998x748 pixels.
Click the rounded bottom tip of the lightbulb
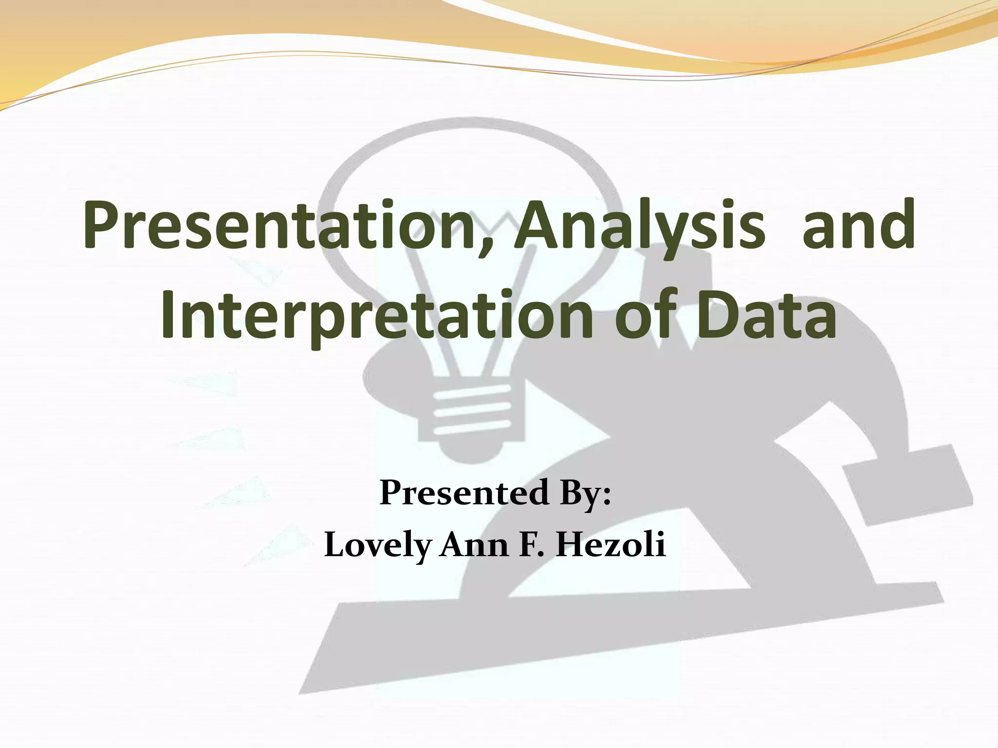pos(472,453)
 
